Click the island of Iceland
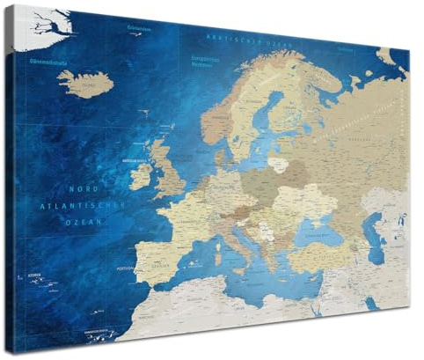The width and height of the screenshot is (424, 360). pos(86,83)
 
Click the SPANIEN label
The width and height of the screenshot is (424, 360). pos(157,264)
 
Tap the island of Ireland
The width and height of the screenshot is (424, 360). pos(141,177)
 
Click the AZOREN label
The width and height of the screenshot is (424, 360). pos(37,274)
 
